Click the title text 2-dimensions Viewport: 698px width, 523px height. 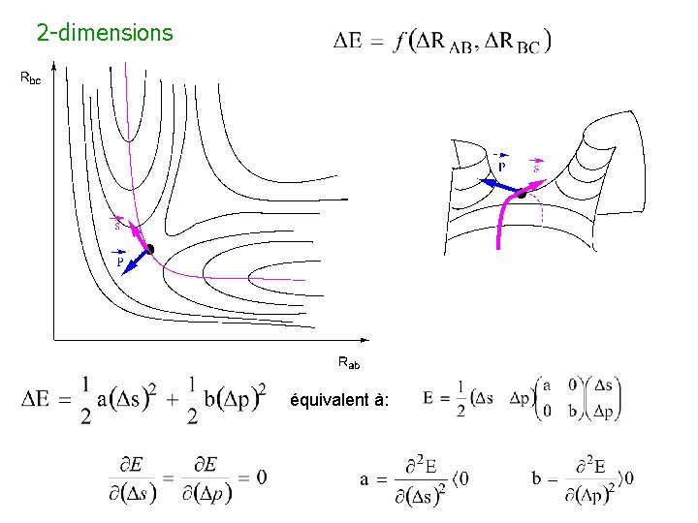point(105,33)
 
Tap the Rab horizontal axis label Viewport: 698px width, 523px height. point(349,363)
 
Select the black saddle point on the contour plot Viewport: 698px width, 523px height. point(149,249)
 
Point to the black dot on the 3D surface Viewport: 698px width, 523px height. point(521,194)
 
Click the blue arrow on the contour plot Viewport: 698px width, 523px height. point(137,261)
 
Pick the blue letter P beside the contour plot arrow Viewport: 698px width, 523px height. point(120,261)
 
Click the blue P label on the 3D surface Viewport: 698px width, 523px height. point(501,165)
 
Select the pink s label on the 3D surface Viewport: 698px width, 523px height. point(534,167)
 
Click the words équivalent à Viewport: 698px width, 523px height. point(338,400)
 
